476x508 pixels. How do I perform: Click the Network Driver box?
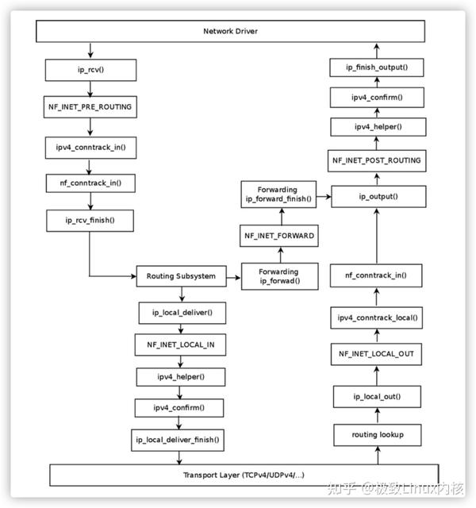click(x=231, y=31)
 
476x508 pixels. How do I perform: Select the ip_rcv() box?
click(x=90, y=70)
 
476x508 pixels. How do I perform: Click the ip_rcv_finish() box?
click(x=90, y=220)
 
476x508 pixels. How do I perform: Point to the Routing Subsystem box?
click(x=181, y=276)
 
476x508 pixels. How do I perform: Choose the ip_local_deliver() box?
click(x=181, y=313)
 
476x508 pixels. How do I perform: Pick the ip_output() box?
click(x=375, y=195)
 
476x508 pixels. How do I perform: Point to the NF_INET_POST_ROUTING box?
click(x=375, y=160)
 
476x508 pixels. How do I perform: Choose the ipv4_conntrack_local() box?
click(x=375, y=317)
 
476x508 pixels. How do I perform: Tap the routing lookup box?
click(x=375, y=435)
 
